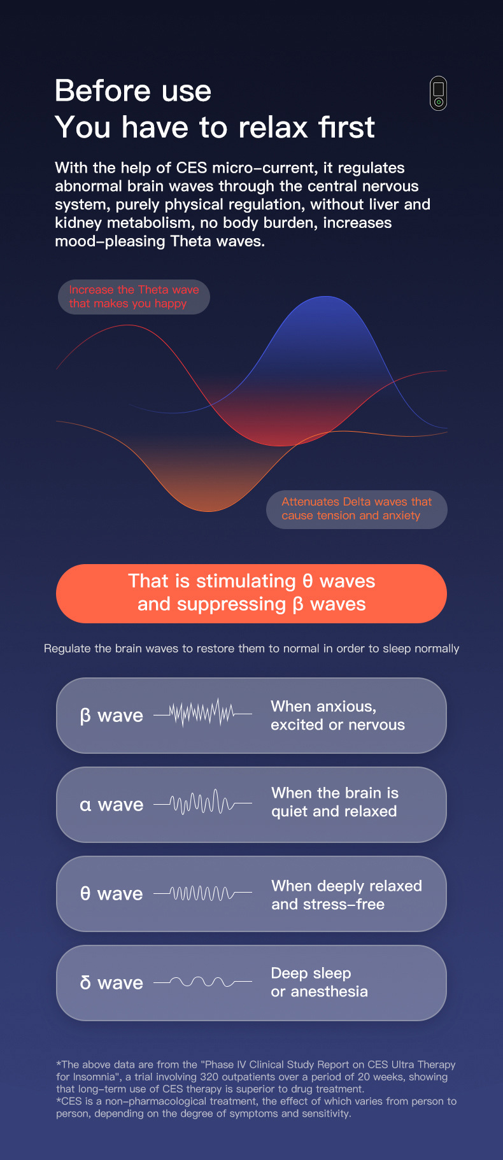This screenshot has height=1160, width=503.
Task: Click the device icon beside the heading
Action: tap(438, 94)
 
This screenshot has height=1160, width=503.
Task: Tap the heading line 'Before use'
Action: tap(133, 91)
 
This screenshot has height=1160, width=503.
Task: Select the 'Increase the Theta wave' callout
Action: tap(134, 297)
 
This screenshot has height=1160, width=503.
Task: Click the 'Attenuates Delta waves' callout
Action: tap(357, 509)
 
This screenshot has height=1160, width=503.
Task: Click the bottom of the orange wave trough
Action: tap(209, 511)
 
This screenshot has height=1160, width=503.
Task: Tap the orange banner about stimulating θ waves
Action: tap(251, 593)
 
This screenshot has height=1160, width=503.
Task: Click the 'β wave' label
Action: tap(111, 716)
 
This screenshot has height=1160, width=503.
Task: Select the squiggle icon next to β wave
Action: tap(202, 714)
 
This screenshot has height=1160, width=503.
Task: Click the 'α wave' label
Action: tap(111, 805)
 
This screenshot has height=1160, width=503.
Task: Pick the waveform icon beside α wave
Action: tap(202, 803)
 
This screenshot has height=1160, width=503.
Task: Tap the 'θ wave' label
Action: tap(111, 894)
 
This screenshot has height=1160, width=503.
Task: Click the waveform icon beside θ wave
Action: tap(202, 893)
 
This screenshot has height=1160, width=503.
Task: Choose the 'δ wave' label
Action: tap(111, 983)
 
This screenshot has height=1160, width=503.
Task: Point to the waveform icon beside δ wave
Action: tap(202, 982)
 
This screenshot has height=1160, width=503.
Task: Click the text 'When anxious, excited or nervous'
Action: tap(337, 716)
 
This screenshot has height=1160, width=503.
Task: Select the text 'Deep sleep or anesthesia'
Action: tap(319, 982)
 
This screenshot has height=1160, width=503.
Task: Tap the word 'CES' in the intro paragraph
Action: tap(192, 168)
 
